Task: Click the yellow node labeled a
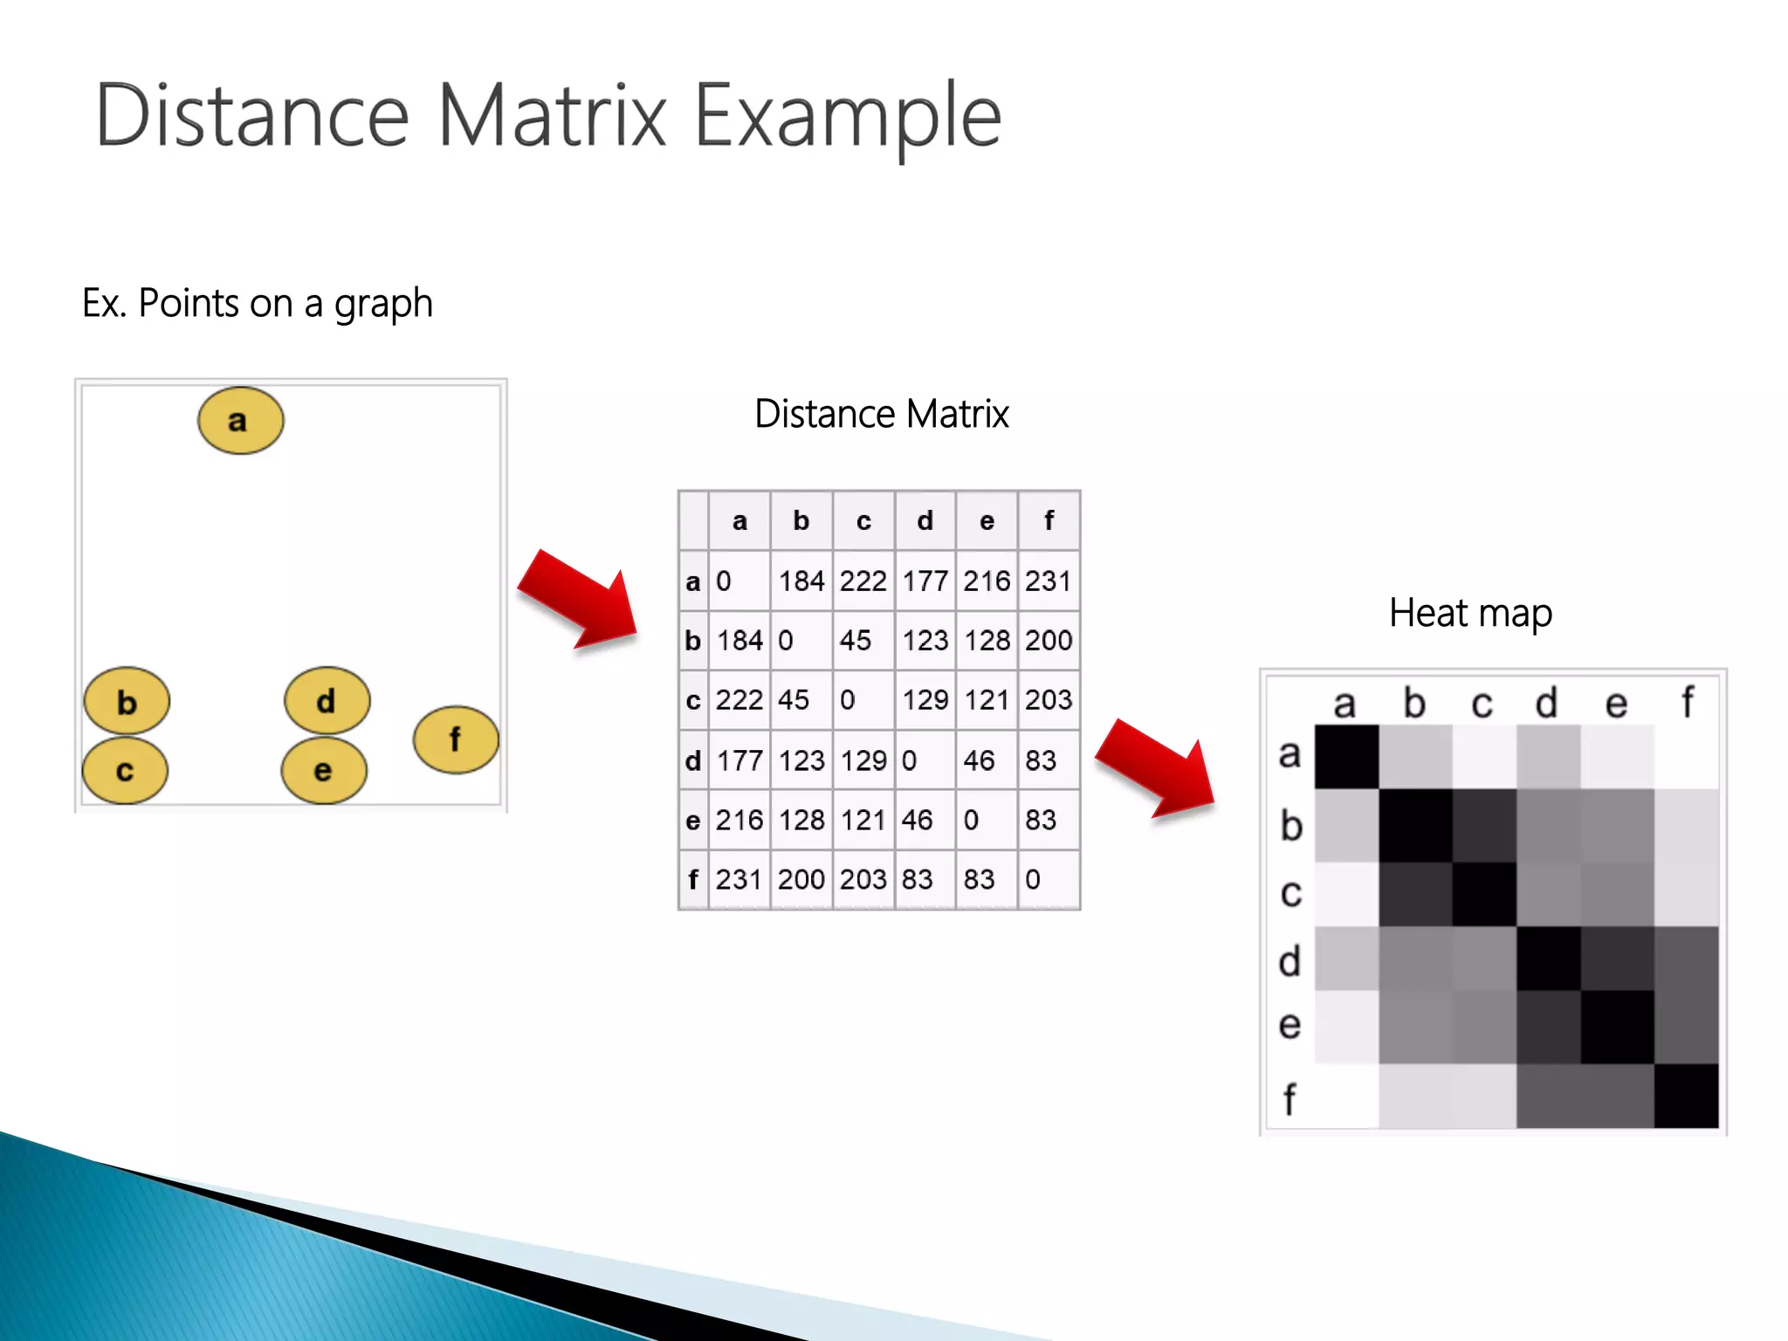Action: coord(240,421)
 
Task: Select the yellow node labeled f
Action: coord(456,739)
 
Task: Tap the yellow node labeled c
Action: coord(125,771)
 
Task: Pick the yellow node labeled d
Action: coord(327,700)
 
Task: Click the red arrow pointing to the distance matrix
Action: coord(580,600)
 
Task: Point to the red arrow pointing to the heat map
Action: coord(1157,770)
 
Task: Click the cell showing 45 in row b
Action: coord(863,641)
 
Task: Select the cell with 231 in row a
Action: coord(1049,581)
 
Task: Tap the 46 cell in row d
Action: coord(986,760)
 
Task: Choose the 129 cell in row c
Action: coord(925,700)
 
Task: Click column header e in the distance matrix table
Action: coord(987,521)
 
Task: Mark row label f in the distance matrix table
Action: coord(693,879)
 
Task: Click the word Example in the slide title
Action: coord(847,116)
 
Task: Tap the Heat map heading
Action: coord(1470,613)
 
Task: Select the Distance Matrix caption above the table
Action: coord(881,414)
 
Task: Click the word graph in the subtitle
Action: coord(383,304)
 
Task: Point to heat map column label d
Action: coord(1546,702)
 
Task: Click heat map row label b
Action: coord(1291,825)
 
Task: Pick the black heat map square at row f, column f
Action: coord(1686,1096)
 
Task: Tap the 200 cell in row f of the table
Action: coord(801,879)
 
